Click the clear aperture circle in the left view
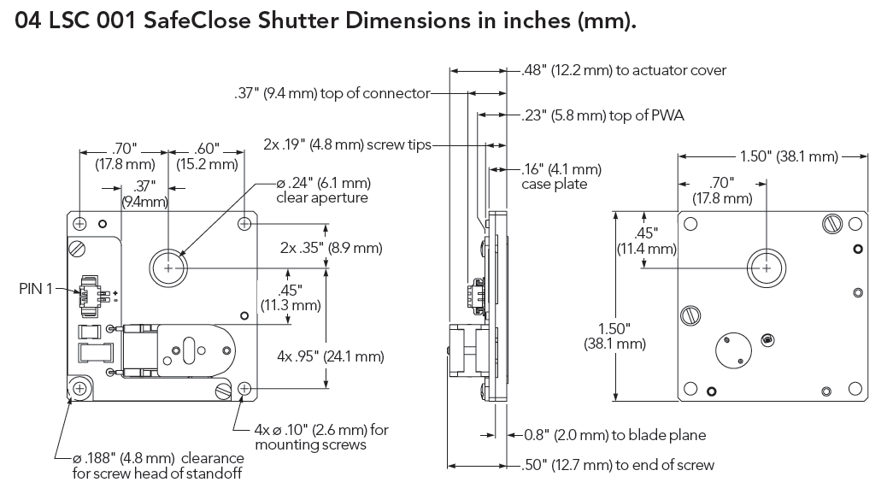click(x=168, y=268)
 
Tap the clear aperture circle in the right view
click(x=766, y=268)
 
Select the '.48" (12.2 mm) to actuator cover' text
click(x=624, y=70)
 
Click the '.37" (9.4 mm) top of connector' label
click(x=331, y=94)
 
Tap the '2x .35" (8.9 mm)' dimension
click(x=331, y=249)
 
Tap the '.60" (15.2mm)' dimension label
click(x=206, y=156)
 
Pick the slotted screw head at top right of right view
click(x=833, y=223)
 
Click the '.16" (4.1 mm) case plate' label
click(x=561, y=176)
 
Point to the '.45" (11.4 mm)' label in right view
click(x=647, y=241)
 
